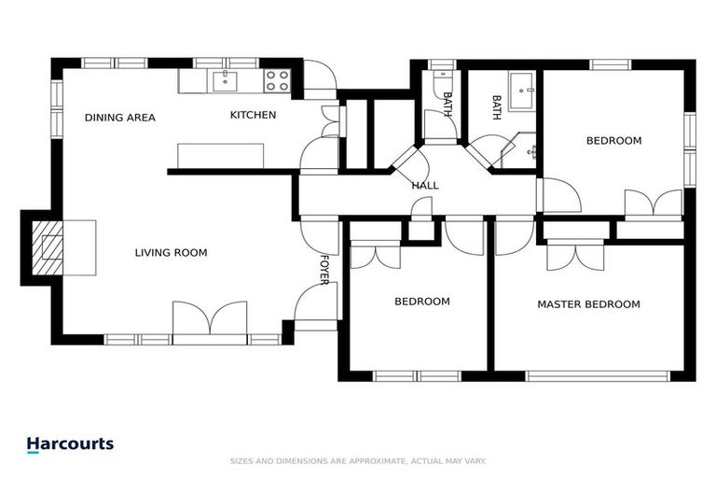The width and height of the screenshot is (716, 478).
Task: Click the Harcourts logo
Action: (70, 444)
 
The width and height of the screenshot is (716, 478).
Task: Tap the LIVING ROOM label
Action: (171, 253)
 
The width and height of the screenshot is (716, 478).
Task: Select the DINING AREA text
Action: (119, 118)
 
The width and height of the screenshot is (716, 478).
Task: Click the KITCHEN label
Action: (253, 116)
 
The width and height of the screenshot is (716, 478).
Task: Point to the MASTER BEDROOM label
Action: (588, 304)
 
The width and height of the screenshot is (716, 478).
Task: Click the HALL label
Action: (425, 186)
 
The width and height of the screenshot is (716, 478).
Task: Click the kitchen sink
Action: (227, 80)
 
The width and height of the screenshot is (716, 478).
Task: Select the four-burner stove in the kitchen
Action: (276, 80)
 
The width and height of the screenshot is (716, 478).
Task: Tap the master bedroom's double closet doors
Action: (576, 254)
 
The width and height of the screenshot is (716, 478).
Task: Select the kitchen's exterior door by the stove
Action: (319, 78)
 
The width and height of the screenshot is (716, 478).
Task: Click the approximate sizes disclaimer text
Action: (357, 461)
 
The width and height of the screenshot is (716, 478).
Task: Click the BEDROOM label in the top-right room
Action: (613, 141)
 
